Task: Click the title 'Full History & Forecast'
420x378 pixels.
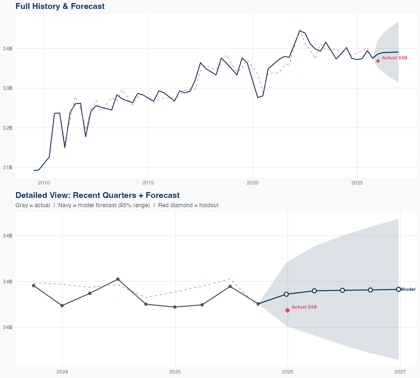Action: (60, 6)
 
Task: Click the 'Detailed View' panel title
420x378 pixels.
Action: (97, 195)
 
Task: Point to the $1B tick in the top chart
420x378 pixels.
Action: (8, 167)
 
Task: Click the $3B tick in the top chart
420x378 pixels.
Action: (8, 88)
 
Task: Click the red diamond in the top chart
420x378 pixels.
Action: (378, 61)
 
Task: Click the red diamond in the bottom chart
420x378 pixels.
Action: (288, 310)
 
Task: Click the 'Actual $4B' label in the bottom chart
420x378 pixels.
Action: (304, 307)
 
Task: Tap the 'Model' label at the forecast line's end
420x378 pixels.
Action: (408, 290)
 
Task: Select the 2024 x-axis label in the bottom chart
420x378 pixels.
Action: (62, 372)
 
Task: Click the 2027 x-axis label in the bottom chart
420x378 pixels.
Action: (400, 372)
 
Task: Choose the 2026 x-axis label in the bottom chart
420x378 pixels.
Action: (288, 372)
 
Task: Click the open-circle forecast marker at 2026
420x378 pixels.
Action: (286, 294)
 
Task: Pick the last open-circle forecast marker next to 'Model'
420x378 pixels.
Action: (398, 289)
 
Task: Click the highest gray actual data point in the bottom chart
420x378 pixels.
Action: (118, 279)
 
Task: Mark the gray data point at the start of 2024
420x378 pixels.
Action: (62, 305)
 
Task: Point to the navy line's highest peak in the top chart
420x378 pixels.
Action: (300, 31)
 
